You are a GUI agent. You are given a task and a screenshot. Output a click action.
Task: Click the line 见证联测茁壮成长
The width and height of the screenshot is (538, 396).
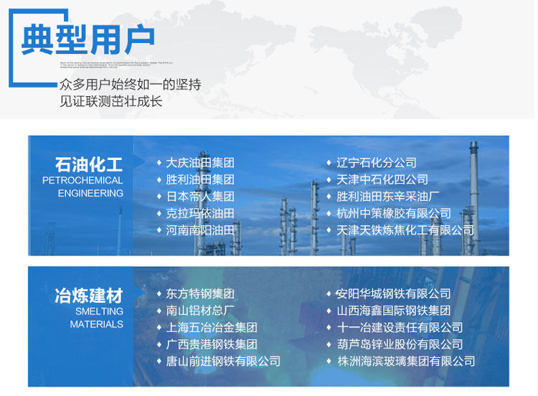coord(111,101)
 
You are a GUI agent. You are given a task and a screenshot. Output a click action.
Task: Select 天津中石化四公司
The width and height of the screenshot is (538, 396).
coord(382,179)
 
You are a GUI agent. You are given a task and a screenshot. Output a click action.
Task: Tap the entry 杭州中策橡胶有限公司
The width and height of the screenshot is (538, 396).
coord(394,213)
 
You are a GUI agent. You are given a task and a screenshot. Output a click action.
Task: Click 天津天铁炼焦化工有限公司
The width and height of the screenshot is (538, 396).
coord(405,230)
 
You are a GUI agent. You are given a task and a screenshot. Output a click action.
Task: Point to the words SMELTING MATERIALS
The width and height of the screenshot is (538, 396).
coord(97,318)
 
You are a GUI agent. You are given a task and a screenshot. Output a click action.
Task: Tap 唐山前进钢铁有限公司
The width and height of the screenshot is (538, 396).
coord(223,362)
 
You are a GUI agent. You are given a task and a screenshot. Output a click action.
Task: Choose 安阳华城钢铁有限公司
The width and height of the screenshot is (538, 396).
coord(394,294)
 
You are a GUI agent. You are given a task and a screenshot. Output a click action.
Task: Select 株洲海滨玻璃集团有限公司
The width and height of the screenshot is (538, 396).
coord(406,362)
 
